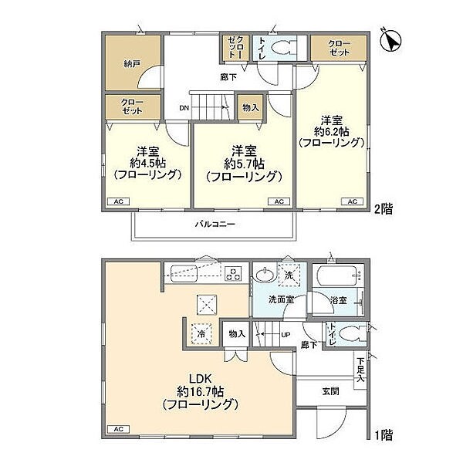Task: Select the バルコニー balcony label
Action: tap(214, 224)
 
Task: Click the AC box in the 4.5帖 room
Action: tap(119, 202)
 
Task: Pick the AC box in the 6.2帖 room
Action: tap(352, 202)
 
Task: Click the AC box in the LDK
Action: tap(119, 428)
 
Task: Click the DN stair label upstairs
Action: tap(184, 108)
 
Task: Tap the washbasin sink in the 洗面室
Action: tap(264, 275)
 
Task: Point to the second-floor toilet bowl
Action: tap(285, 48)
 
